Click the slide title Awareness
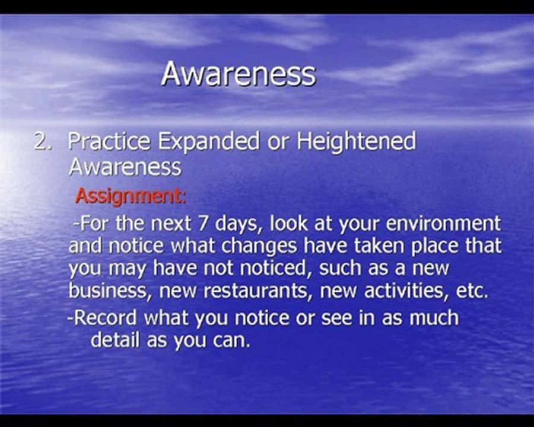[239, 74]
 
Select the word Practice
[109, 142]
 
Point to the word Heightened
[356, 142]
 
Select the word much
[434, 318]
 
